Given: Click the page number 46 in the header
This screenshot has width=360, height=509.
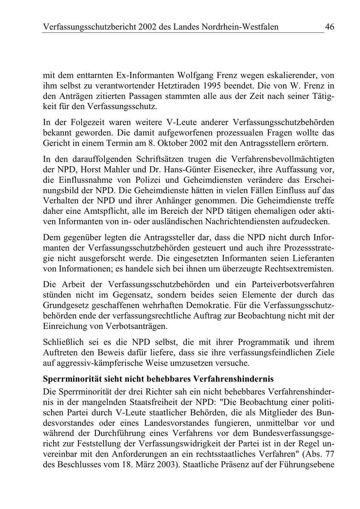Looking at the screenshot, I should coord(330,27).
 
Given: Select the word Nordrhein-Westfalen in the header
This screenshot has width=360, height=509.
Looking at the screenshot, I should coord(238,27).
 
